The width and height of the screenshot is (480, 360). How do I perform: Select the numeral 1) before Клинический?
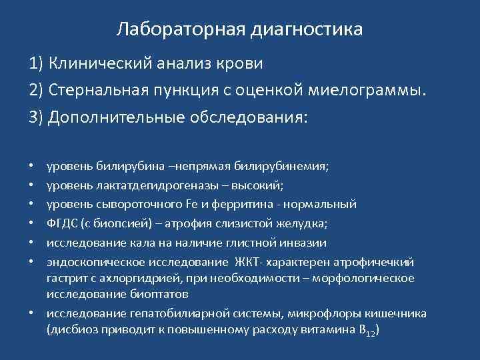coord(36,64)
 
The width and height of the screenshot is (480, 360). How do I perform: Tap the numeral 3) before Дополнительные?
coord(36,118)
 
